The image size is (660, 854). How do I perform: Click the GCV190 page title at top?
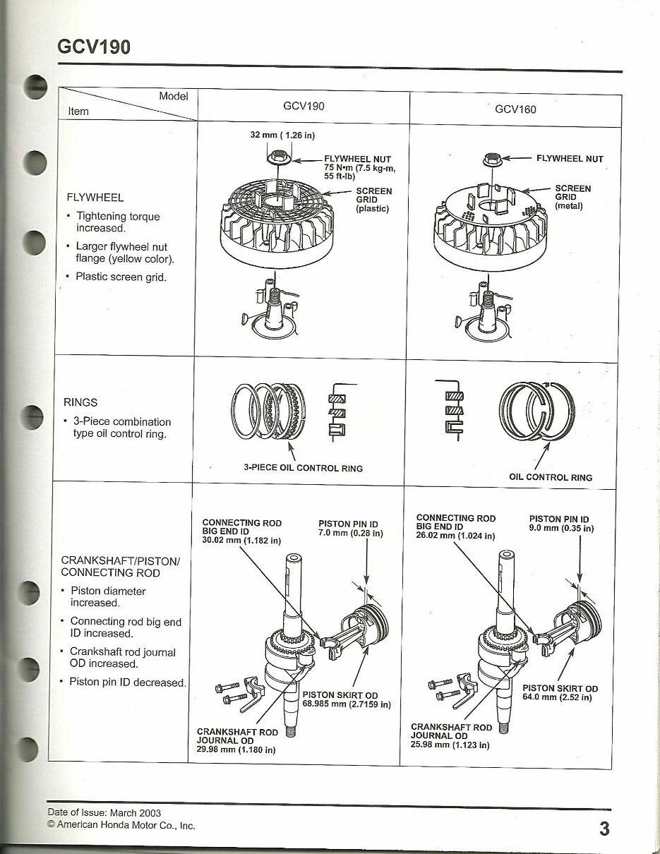pos(94,47)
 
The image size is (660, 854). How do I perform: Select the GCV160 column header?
pos(515,109)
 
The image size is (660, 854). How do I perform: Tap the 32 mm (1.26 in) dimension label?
pos(282,134)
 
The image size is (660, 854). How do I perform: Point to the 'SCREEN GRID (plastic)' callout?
pos(374,200)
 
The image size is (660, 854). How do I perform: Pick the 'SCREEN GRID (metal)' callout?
pos(572,197)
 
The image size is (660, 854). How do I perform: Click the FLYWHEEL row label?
pos(94,197)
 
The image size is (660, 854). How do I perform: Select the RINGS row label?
pos(80,402)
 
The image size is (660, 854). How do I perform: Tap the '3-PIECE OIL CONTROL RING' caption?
pos(303,468)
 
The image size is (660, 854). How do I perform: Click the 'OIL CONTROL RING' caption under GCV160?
pos(551,477)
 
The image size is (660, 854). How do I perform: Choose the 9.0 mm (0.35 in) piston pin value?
pos(561,527)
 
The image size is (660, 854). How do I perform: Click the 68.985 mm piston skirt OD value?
pos(347,704)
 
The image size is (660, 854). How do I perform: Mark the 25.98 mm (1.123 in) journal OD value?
pos(450,744)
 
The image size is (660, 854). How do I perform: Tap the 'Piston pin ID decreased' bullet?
pos(127,682)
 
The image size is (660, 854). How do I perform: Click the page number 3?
pos(604,829)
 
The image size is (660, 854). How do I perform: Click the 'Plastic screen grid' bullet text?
pos(121,276)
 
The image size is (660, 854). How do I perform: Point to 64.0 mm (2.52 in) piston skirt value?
pos(557,697)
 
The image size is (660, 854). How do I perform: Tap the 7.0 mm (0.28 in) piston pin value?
pos(350,533)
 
